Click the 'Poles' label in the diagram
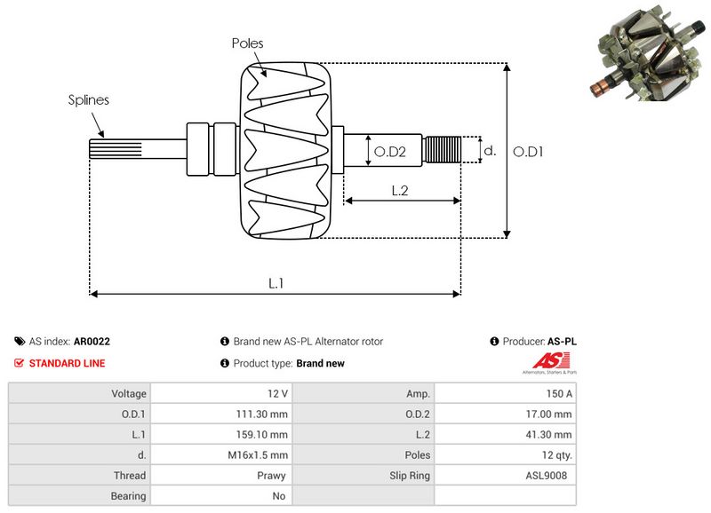point(247,43)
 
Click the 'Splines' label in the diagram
point(89,99)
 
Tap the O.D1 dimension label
point(528,152)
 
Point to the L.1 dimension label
point(276,282)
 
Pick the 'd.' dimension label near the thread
point(489,151)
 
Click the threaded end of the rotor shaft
point(443,150)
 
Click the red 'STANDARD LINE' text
point(67,363)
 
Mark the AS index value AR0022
point(92,341)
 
